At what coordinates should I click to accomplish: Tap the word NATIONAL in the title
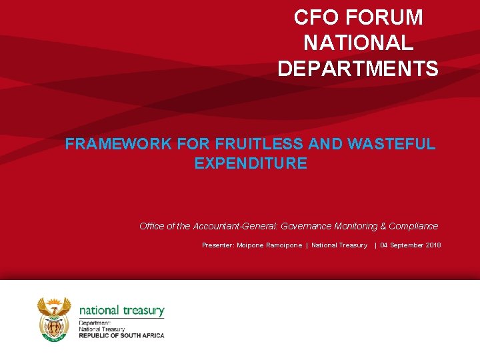pos(359,43)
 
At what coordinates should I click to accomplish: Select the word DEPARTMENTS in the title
pos(358,69)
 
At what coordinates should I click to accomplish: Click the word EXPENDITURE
pos(251,163)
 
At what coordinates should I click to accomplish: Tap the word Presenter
pos(217,245)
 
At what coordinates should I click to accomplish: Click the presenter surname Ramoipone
pos(283,245)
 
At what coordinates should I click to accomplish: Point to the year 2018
pos(433,245)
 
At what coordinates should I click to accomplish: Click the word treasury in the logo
pos(143,310)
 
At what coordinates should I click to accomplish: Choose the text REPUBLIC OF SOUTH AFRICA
pos(121,335)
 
